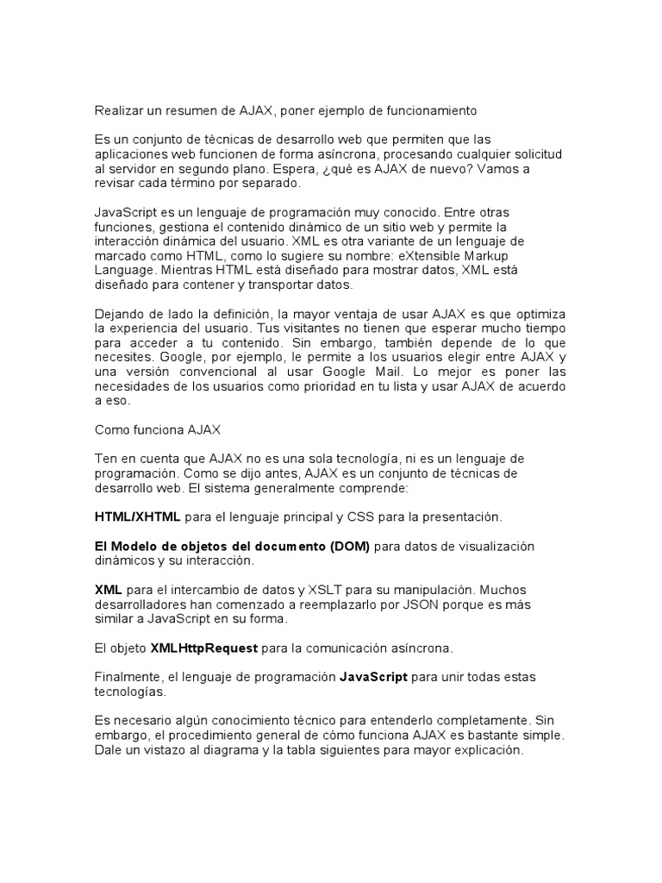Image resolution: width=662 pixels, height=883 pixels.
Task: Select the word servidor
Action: (134, 168)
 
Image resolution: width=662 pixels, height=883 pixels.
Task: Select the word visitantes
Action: (320, 329)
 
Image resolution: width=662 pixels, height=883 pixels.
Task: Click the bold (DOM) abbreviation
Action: (347, 546)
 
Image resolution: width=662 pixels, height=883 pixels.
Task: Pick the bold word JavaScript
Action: (373, 677)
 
